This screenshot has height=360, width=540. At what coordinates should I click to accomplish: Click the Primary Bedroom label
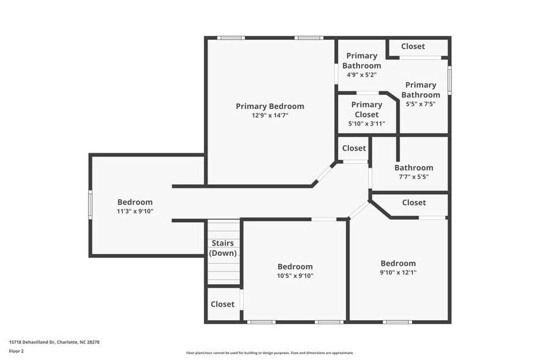(x=270, y=107)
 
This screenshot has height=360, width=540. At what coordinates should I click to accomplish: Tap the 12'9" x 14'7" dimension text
(x=270, y=115)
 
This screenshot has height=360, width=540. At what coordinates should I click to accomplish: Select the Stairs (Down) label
(x=223, y=248)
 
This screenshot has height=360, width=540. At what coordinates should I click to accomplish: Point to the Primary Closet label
(x=367, y=110)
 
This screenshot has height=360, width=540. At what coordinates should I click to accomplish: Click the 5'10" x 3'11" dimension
(x=367, y=124)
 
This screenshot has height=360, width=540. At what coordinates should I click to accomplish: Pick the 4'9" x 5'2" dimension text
(x=362, y=75)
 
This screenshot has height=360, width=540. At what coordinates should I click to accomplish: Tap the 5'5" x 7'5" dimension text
(x=421, y=103)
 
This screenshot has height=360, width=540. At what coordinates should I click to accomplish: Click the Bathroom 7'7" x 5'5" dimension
(x=414, y=177)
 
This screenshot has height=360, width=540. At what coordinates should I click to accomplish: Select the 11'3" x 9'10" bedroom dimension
(x=135, y=211)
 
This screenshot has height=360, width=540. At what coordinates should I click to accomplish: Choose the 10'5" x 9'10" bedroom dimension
(x=295, y=276)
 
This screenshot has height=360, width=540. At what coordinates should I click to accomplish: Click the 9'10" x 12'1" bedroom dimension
(x=398, y=272)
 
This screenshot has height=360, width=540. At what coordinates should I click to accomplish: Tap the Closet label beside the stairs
(x=222, y=304)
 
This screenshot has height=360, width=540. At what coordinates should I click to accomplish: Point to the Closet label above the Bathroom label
(x=354, y=148)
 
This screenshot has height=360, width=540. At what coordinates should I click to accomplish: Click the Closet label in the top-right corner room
(x=413, y=46)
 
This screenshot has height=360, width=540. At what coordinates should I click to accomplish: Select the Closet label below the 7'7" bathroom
(x=414, y=203)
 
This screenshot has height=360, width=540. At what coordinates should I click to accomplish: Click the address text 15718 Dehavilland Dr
(x=32, y=342)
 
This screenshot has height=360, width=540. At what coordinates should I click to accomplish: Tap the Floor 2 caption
(x=16, y=351)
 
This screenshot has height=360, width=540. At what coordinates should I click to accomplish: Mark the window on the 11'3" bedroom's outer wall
(x=90, y=205)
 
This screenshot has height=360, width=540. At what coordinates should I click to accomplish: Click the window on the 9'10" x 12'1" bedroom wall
(x=397, y=322)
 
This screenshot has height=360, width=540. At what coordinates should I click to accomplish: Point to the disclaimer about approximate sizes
(x=270, y=353)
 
